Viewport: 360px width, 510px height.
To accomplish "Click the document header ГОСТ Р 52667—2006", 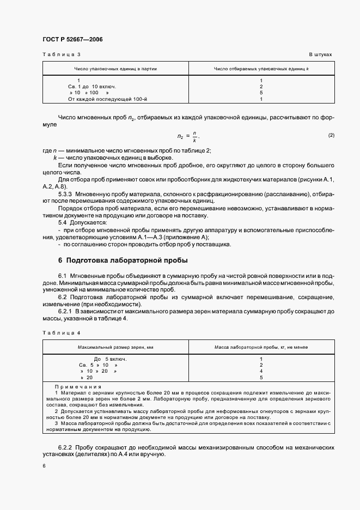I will tap(72, 39).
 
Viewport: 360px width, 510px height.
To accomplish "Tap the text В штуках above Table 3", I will tap(320, 55).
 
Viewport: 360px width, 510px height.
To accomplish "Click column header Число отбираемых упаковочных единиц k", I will tap(261, 69).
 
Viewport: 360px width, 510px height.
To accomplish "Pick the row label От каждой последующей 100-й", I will tap(100, 99).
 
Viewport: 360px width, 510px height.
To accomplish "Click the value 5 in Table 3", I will tap(261, 93).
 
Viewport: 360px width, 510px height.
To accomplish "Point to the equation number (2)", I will tap(331, 135).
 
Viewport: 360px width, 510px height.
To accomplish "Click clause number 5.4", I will tap(63, 222).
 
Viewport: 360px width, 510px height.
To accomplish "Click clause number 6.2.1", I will tap(68, 311).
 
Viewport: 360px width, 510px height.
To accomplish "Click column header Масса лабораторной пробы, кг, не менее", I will tap(261, 347).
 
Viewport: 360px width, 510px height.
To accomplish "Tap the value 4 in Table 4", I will tap(261, 371).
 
